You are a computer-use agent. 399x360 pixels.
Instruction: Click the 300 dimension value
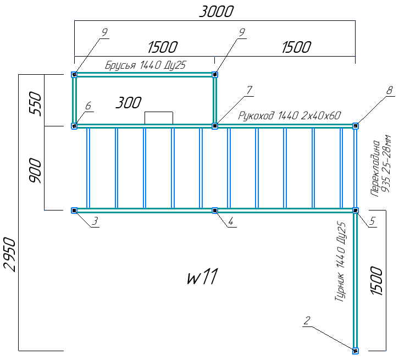[x=129, y=102]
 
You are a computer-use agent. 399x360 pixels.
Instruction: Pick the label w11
[x=203, y=276]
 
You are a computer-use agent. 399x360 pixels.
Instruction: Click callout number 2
[x=307, y=320]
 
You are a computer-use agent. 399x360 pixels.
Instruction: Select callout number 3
[x=95, y=221]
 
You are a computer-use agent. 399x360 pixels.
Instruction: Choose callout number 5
[x=373, y=221]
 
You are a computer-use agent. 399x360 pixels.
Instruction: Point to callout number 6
[x=88, y=106]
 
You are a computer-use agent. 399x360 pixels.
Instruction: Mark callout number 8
[x=390, y=90]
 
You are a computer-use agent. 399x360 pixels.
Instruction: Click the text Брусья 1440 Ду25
[x=145, y=65]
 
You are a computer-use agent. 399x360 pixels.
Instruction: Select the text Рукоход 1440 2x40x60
[x=290, y=116]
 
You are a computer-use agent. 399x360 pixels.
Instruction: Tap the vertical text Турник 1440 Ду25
[x=340, y=262]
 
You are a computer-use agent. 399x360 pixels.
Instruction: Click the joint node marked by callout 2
[x=355, y=350]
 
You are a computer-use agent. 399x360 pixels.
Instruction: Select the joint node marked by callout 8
[x=356, y=126]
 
